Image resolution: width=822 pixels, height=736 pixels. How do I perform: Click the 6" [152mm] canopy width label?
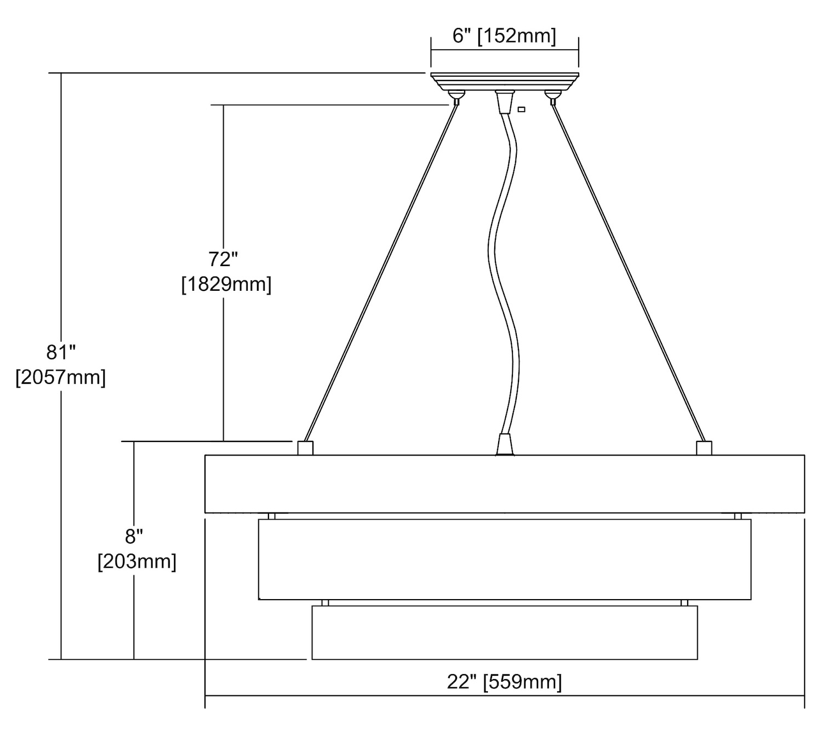tap(504, 37)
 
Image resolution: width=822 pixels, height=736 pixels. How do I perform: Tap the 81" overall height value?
tap(60, 352)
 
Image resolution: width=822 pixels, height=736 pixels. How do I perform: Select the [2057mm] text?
tap(60, 378)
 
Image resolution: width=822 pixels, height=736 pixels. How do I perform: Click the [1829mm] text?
tap(226, 285)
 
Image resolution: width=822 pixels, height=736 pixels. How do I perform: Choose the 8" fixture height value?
tap(134, 536)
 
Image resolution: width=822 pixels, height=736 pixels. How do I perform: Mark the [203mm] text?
tap(137, 562)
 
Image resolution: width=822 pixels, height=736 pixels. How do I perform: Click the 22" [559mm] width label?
tap(504, 682)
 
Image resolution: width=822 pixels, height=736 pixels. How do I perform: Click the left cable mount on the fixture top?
tap(305, 447)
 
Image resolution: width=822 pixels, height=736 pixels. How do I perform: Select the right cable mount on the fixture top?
tap(704, 447)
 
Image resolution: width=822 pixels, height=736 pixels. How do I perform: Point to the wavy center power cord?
tap(504, 274)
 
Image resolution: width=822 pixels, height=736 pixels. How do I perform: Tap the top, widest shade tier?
tap(504, 484)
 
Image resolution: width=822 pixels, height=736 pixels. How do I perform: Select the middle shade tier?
tap(504, 559)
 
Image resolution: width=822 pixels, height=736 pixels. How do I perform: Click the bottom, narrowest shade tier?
tap(504, 632)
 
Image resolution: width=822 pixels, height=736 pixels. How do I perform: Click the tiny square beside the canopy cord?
tap(521, 109)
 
